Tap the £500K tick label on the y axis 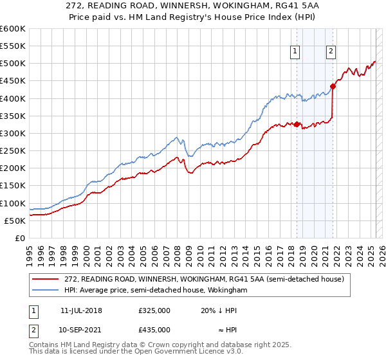pos(12,64)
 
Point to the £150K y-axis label pos(12,186)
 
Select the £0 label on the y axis pos(21,239)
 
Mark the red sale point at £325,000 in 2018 pos(297,125)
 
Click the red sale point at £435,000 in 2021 pos(333,86)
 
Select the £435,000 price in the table pos(154,329)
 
